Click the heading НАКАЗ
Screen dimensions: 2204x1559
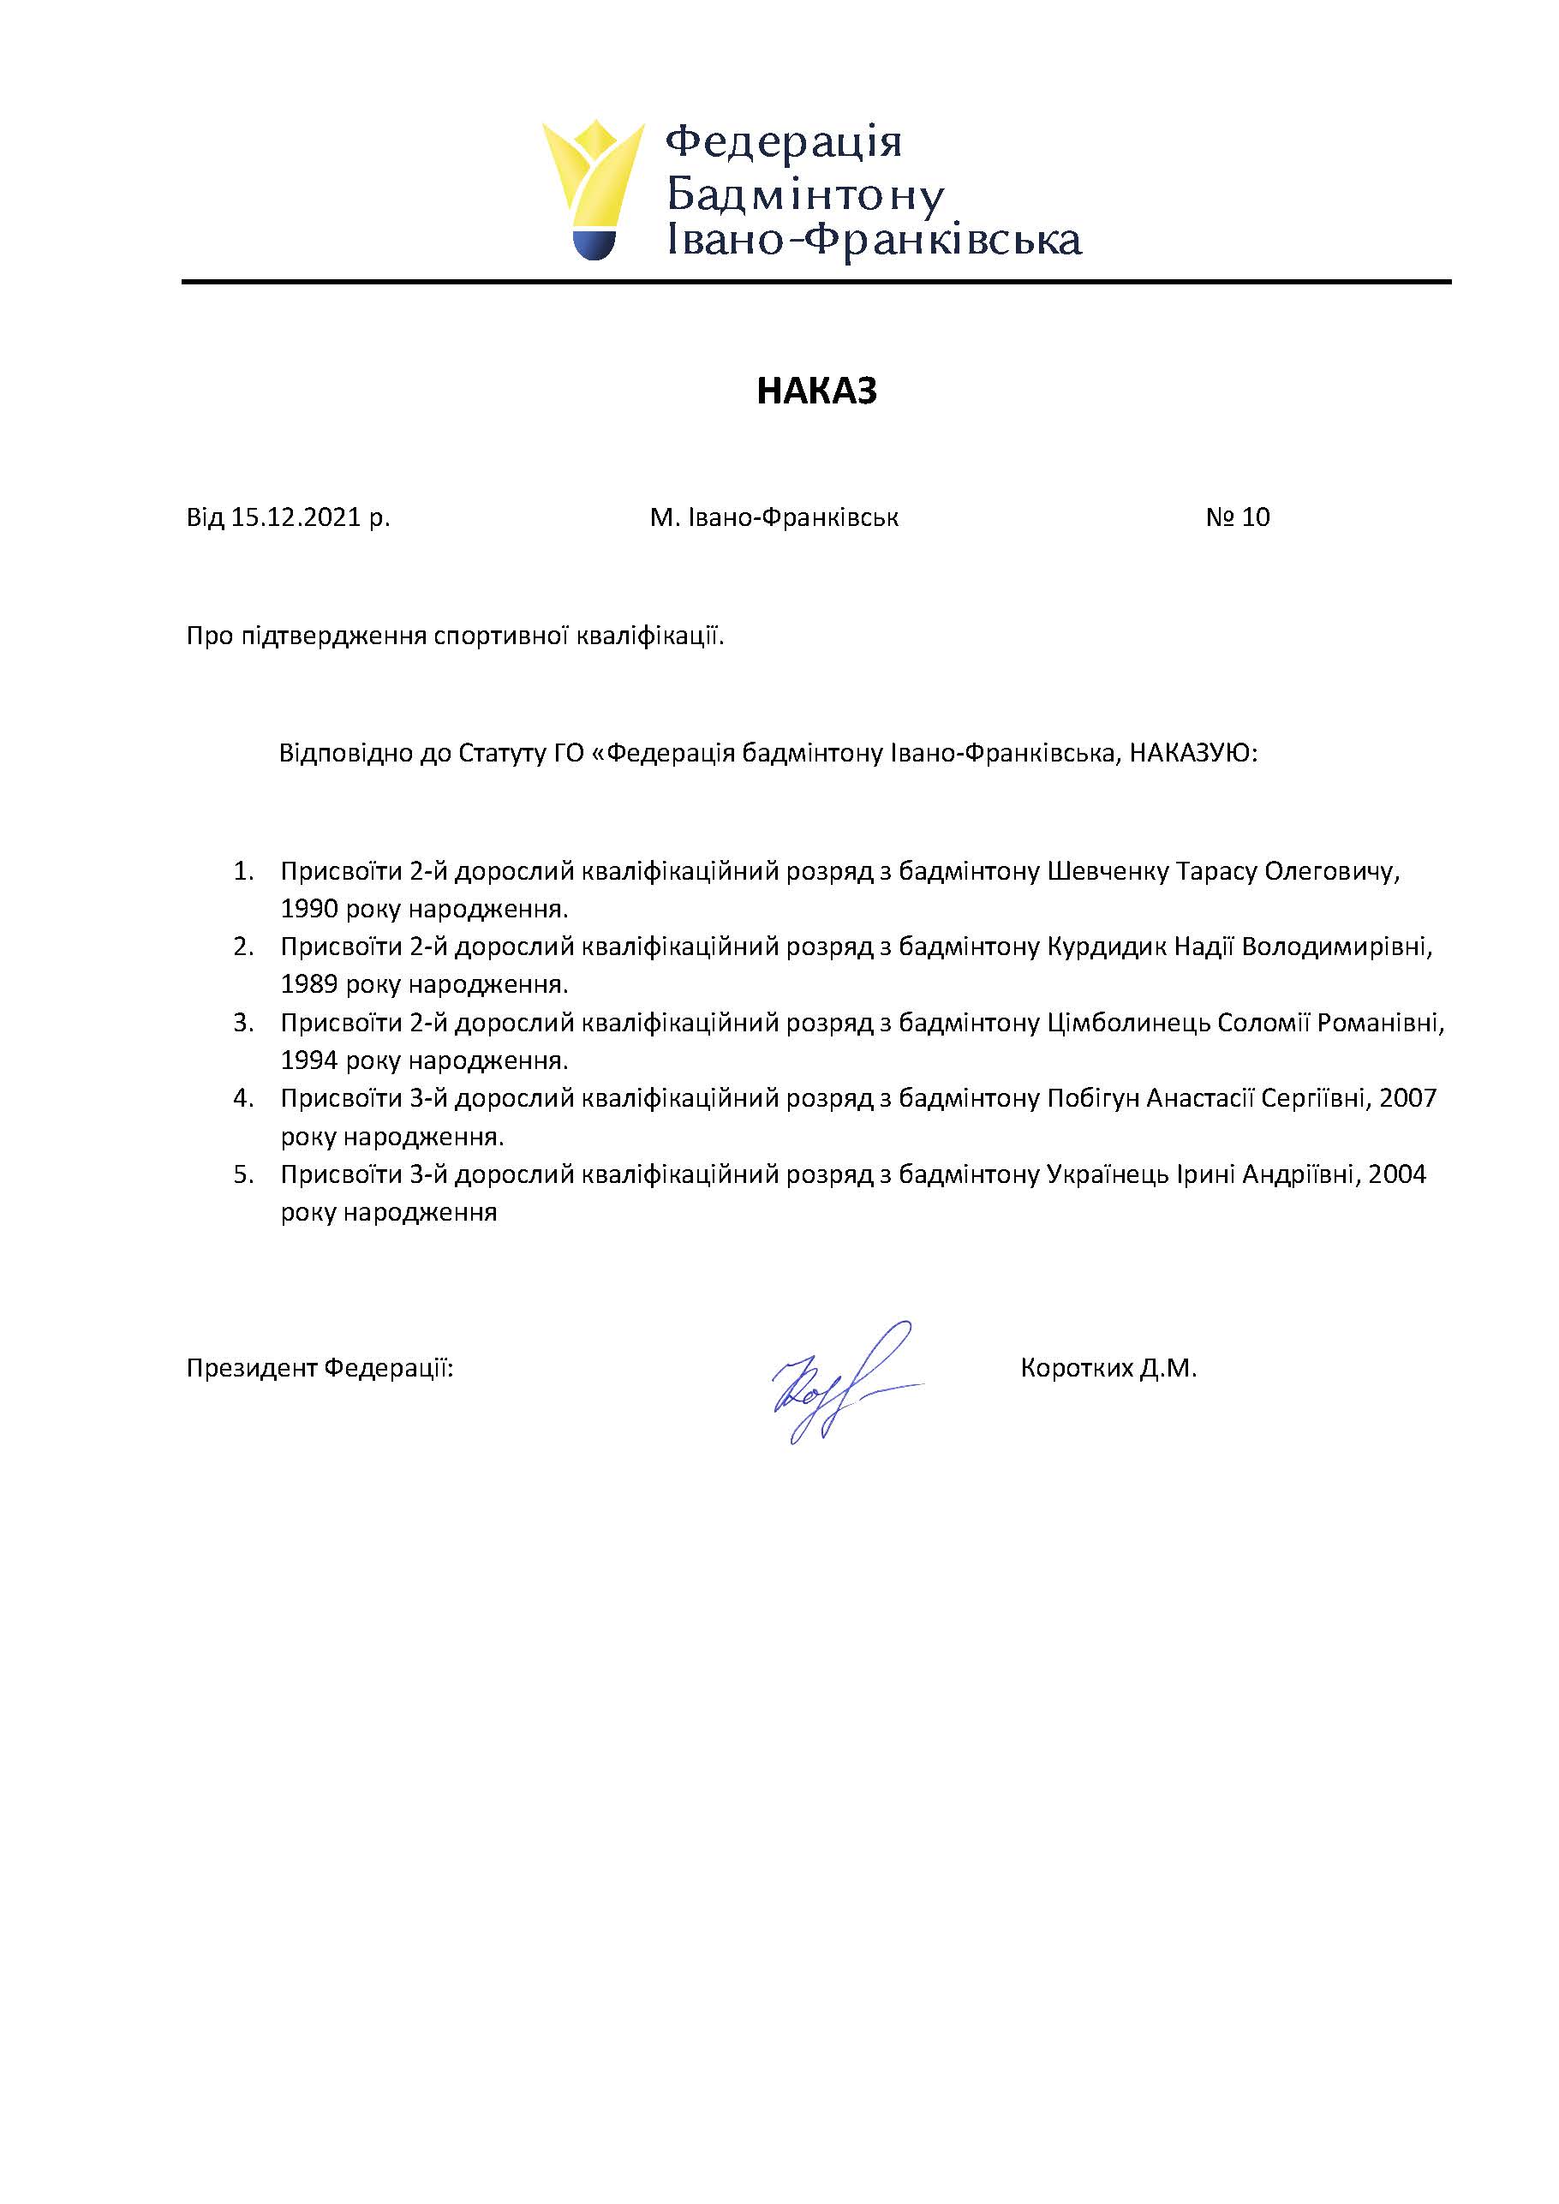[x=816, y=391]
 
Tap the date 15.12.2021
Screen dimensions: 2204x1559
[x=295, y=517]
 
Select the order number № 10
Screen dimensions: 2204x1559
[x=1238, y=517]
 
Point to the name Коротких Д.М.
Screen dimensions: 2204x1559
[x=1108, y=1368]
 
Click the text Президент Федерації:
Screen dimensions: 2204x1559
[x=320, y=1368]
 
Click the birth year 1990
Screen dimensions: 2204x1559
[x=309, y=909]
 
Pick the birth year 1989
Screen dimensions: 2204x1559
[x=309, y=985]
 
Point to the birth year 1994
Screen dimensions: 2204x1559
[x=309, y=1060]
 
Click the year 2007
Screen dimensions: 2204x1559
[x=1407, y=1098]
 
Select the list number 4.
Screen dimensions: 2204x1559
[x=243, y=1098]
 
